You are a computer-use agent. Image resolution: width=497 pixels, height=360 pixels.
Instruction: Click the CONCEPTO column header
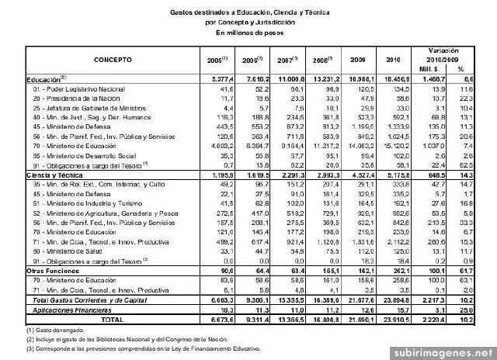[113, 59]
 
